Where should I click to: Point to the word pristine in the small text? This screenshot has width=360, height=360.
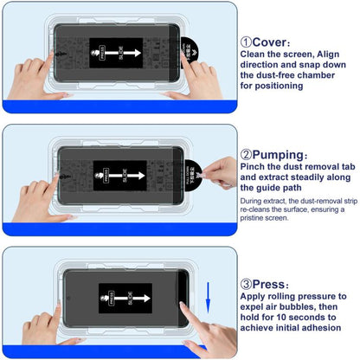260,219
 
